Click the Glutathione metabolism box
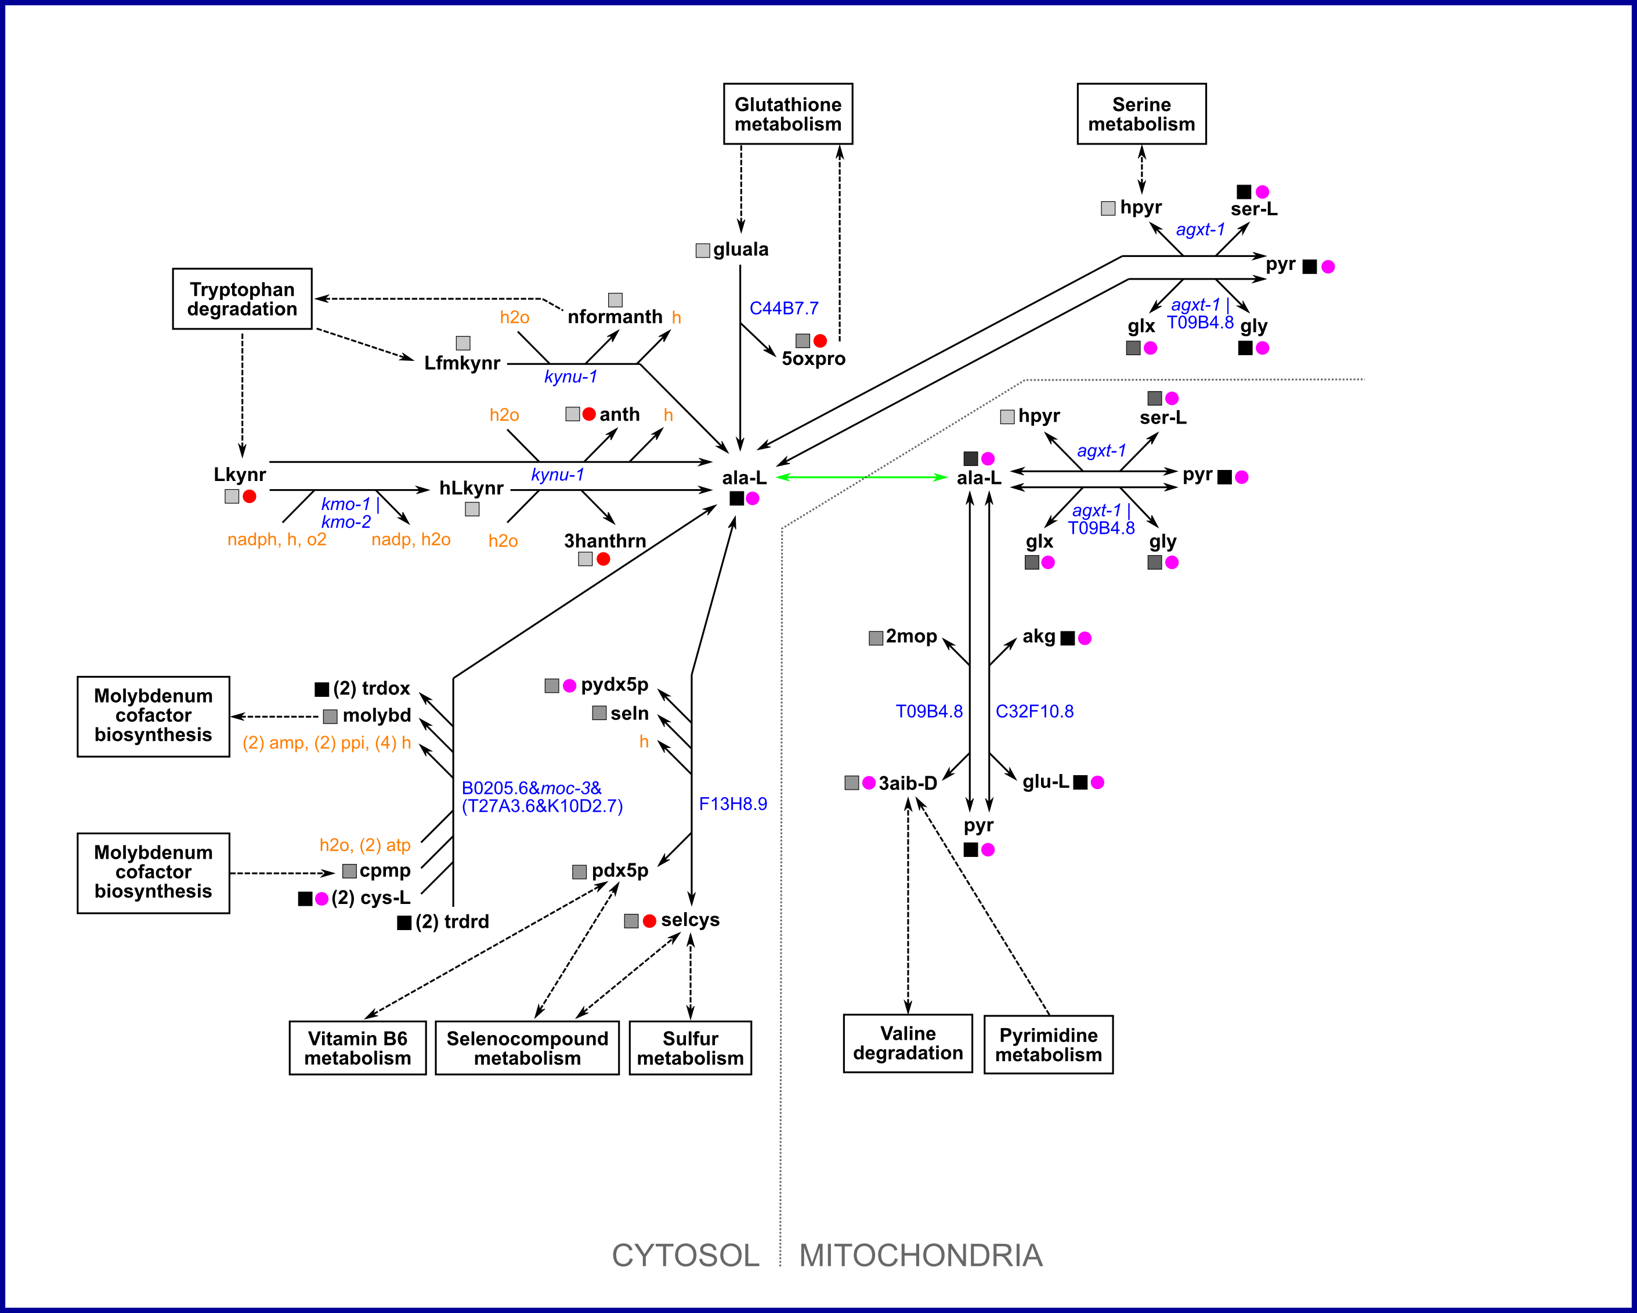click(x=787, y=114)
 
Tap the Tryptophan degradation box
click(x=241, y=299)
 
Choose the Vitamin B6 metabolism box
click(x=357, y=1048)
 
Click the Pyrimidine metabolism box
click(x=1048, y=1045)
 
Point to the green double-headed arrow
click(x=862, y=478)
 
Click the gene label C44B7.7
click(x=783, y=308)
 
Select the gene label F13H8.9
click(x=733, y=804)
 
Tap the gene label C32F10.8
click(x=1034, y=711)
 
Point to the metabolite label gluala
click(x=740, y=249)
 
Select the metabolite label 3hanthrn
click(x=605, y=540)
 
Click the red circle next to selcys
click(x=649, y=921)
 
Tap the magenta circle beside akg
click(x=1085, y=638)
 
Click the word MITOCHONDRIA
click(x=920, y=1256)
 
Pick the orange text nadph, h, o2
click(x=276, y=540)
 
